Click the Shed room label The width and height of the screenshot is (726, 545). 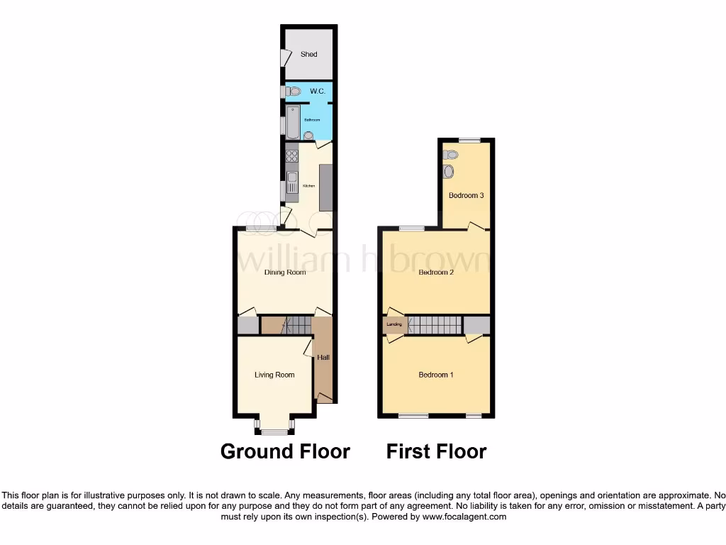point(308,54)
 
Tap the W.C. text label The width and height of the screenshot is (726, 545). point(318,92)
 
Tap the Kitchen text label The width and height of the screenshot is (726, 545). point(308,186)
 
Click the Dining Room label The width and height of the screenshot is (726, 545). point(285,272)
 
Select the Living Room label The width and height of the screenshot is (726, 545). point(274,375)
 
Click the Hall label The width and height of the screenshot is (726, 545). point(323,358)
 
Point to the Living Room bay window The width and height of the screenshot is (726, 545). point(274,429)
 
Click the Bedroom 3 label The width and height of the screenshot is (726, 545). point(466,195)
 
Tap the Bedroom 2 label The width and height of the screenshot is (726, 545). point(436,272)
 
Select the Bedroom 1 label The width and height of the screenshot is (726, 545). point(436,375)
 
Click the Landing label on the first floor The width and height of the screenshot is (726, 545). point(395,325)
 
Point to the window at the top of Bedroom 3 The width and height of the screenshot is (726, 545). point(467,140)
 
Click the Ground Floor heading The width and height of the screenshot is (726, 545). point(285,451)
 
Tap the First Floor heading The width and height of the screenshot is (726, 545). point(436,451)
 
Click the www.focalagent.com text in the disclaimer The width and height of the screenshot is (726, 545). point(465,517)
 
